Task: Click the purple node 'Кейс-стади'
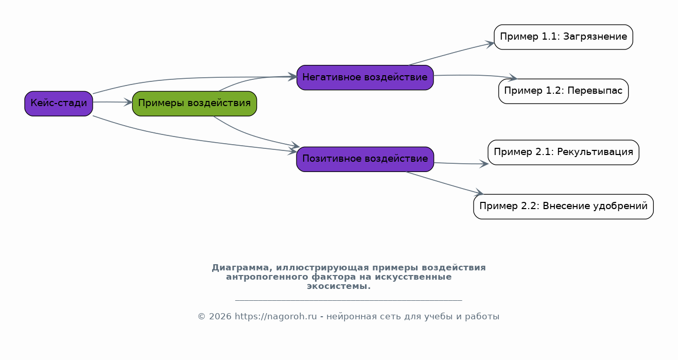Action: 59,104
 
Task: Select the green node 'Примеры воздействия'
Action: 194,104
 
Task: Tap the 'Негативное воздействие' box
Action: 365,77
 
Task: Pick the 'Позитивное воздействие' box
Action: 365,159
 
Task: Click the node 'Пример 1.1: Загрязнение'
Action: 563,37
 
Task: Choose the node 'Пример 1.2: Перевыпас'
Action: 563,91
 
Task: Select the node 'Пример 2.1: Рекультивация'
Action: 563,152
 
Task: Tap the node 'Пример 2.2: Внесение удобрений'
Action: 563,207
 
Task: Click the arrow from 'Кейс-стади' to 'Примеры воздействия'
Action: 113,102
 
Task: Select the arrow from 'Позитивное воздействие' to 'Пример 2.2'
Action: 444,183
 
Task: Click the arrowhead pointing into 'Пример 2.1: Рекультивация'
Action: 484,164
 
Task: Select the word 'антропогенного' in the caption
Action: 267,277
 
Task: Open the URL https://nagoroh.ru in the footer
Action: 276,316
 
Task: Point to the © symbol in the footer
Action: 202,317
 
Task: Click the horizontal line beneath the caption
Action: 349,300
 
